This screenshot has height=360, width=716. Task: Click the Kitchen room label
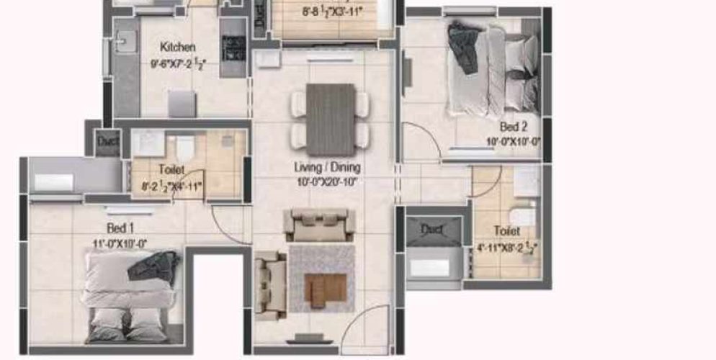pyautogui.click(x=177, y=48)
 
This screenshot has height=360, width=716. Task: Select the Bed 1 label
pyautogui.click(x=121, y=228)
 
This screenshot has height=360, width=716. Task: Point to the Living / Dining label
pyautogui.click(x=327, y=167)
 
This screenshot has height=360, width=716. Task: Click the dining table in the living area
pyautogui.click(x=331, y=120)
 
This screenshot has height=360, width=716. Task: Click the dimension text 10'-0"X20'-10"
pyautogui.click(x=327, y=181)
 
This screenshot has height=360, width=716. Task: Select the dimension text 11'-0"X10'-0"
pyautogui.click(x=120, y=243)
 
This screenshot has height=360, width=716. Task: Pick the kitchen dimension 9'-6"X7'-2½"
pyautogui.click(x=178, y=63)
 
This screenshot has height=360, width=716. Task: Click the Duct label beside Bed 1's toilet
pyautogui.click(x=108, y=142)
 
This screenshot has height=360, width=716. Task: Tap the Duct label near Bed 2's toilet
pyautogui.click(x=431, y=230)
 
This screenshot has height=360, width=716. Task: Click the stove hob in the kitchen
pyautogui.click(x=233, y=48)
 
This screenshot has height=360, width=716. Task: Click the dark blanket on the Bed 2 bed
pyautogui.click(x=464, y=47)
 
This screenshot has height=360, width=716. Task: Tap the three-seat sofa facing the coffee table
pyautogui.click(x=319, y=225)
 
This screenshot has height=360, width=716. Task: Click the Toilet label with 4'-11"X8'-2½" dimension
pyautogui.click(x=507, y=230)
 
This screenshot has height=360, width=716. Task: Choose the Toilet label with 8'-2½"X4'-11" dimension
pyautogui.click(x=171, y=170)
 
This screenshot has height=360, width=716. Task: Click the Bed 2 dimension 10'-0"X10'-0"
pyautogui.click(x=514, y=142)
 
